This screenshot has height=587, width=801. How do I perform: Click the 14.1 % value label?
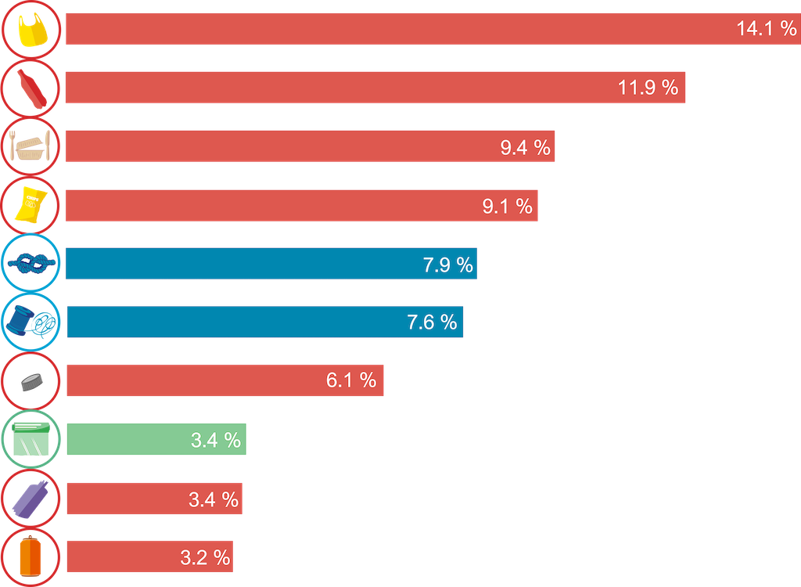click(x=766, y=29)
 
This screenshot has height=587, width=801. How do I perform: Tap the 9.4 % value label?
click(x=526, y=147)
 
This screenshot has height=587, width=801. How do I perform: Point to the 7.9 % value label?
click(x=448, y=265)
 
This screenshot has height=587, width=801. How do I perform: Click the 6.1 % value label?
click(x=351, y=380)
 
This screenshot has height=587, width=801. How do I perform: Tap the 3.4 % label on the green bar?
click(x=216, y=440)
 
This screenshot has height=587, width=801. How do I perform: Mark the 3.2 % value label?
click(x=206, y=557)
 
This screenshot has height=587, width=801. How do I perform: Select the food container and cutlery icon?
click(x=31, y=146)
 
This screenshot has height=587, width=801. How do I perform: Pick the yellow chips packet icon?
click(x=32, y=205)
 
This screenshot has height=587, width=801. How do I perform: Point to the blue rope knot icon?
click(x=31, y=264)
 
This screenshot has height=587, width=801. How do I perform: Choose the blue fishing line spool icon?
click(x=31, y=322)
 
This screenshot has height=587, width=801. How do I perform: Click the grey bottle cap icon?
click(x=32, y=381)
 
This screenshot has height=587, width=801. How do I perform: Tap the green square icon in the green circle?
click(x=31, y=439)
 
